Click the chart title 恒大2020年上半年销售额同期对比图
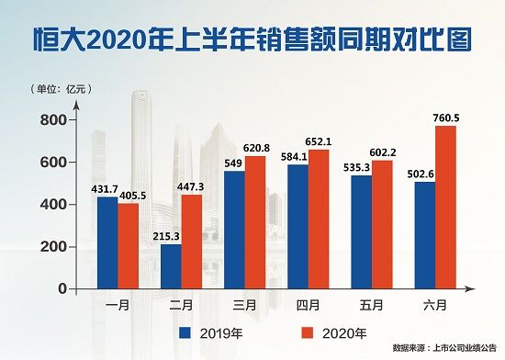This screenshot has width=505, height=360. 252,39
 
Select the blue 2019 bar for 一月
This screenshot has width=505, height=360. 107,242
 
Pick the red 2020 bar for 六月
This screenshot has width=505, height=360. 445,208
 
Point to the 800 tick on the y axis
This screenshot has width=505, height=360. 53,120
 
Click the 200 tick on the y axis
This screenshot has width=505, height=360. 53,247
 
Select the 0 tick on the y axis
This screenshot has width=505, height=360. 62,289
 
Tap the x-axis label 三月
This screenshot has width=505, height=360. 232,304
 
